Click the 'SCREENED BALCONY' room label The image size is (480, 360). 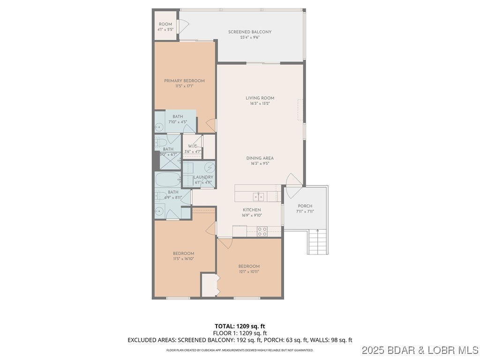(250, 32)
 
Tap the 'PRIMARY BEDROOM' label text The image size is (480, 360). (184, 81)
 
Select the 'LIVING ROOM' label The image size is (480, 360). (260, 98)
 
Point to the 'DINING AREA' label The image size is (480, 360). (260, 158)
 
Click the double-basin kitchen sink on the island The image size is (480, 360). (258, 196)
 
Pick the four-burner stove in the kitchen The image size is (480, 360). (262, 231)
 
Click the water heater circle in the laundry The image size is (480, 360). (210, 167)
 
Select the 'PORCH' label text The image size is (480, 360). (305, 206)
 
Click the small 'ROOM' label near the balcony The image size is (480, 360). (165, 24)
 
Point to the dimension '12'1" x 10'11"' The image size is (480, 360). (248, 271)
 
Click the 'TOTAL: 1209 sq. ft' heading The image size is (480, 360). (240, 326)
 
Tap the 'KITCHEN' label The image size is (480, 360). (252, 210)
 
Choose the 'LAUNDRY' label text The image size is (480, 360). (203, 177)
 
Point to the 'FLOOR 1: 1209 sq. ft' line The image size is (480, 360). (240, 333)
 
